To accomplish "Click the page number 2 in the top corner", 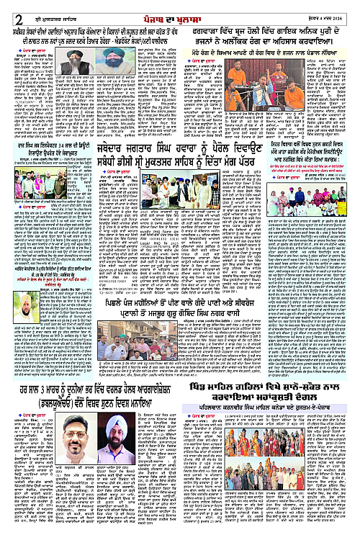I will (x=9, y=9).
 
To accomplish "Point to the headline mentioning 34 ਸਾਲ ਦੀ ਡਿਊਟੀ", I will (x=48, y=152).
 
